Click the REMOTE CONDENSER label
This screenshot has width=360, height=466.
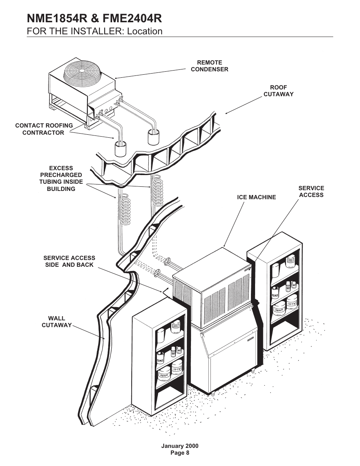(x=209, y=66)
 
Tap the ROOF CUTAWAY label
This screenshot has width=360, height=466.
(x=278, y=91)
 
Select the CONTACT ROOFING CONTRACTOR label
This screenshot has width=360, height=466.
(x=44, y=129)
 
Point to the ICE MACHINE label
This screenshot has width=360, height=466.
(x=257, y=197)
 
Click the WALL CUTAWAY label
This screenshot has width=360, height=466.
(x=57, y=322)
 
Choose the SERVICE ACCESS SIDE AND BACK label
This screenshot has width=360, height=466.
(x=69, y=261)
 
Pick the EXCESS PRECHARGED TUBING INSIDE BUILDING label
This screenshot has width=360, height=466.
(x=61, y=178)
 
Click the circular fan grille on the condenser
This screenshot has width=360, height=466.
(x=82, y=71)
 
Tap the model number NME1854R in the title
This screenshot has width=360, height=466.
(x=57, y=18)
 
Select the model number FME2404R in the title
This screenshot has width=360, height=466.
(x=132, y=18)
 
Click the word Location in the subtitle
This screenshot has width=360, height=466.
(x=145, y=31)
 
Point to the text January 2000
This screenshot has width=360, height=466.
(x=180, y=446)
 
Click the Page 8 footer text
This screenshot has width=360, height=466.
(x=180, y=453)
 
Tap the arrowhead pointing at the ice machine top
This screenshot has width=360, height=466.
(x=225, y=246)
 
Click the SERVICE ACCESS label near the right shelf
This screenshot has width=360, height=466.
(x=311, y=192)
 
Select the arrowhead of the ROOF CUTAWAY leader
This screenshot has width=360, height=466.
(x=226, y=113)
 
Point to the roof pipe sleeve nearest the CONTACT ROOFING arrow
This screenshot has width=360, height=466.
(x=120, y=149)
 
